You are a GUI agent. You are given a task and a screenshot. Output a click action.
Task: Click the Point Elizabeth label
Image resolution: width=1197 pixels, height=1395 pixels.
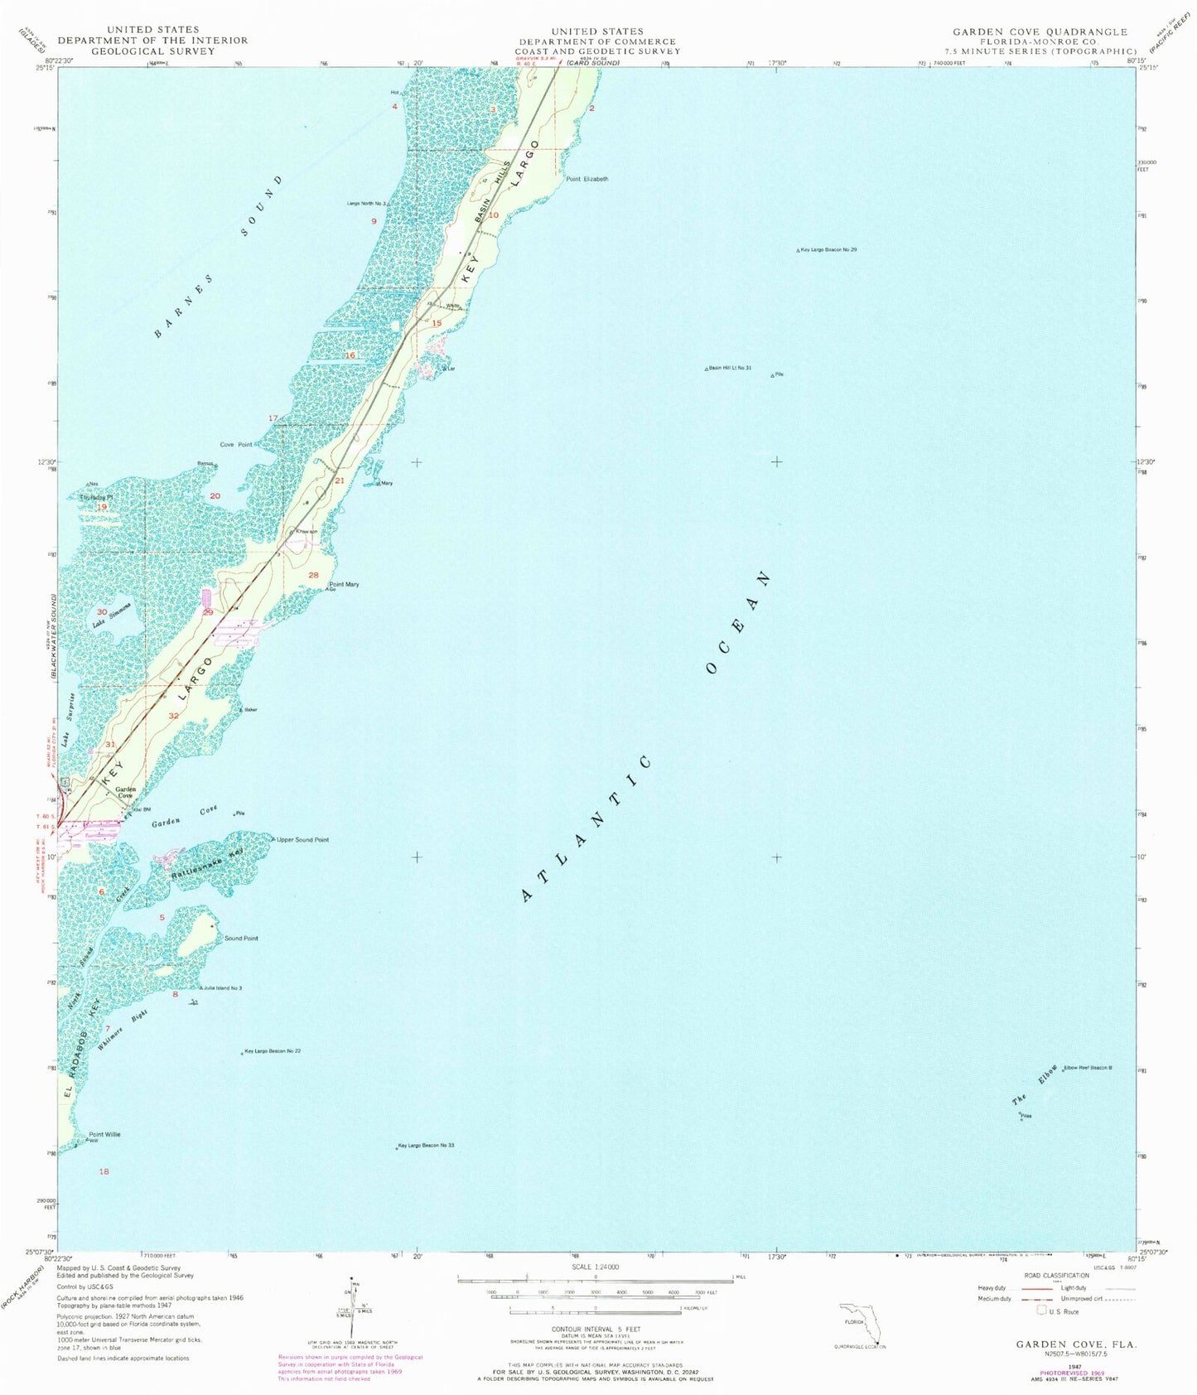coord(586,179)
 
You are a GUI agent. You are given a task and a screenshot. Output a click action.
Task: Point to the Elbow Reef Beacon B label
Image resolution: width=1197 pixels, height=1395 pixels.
coord(1088,1068)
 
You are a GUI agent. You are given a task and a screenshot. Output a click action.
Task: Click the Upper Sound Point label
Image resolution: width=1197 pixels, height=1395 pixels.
coord(303,840)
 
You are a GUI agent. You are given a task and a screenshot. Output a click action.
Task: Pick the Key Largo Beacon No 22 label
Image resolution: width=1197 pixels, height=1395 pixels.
coord(273,1051)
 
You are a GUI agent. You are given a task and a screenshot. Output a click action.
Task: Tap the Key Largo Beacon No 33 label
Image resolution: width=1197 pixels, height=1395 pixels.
coord(427,1146)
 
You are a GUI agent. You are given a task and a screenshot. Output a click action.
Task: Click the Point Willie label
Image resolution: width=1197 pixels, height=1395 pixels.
coord(105,1134)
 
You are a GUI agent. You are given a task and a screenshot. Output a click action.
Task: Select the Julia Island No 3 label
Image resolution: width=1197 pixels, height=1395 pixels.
coord(223,988)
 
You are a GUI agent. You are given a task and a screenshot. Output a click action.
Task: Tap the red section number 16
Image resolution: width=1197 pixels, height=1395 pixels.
coord(350,355)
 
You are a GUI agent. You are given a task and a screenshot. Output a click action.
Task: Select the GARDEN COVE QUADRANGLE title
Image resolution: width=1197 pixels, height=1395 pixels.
coord(1040,31)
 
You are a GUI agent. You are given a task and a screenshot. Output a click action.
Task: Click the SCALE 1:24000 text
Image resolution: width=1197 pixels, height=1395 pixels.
coord(596,1267)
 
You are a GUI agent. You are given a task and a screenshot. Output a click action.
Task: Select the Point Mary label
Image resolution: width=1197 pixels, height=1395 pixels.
coord(345,585)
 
